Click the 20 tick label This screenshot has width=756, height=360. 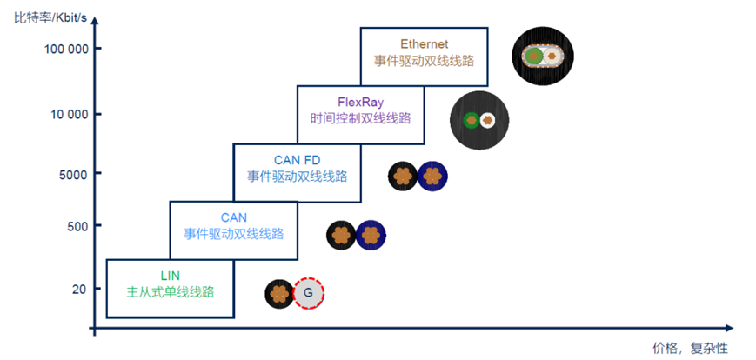pos(81,289)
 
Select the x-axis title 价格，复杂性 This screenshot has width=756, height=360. pos(689,347)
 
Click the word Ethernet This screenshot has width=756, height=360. pos(424,43)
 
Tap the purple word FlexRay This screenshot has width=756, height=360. pos(360,101)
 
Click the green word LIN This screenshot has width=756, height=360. pos(170,276)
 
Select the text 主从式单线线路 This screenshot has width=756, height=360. pos(170,292)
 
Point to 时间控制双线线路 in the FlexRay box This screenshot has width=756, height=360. pos(360,118)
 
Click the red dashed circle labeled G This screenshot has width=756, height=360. pos(308,294)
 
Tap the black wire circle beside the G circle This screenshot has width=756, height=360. pos(279,294)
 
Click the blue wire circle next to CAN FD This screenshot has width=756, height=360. pos(432,176)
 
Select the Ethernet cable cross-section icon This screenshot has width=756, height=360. pos(544,56)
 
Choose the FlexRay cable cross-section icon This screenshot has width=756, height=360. pos(479,120)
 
